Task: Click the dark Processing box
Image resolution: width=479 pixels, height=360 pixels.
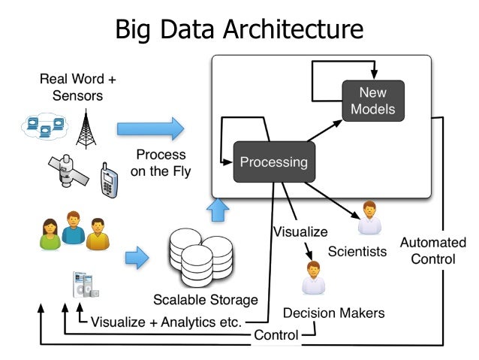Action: click(274, 162)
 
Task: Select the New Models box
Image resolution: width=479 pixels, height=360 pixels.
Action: click(373, 101)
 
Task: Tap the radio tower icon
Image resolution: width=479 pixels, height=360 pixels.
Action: click(86, 129)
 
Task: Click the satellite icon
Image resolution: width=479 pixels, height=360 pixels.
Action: click(68, 171)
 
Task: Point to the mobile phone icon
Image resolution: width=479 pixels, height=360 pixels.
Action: click(109, 180)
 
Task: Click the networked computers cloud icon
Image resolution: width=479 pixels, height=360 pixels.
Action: click(44, 126)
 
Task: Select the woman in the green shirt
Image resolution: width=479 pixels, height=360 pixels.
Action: click(50, 234)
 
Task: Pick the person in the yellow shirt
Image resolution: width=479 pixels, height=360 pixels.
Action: click(98, 234)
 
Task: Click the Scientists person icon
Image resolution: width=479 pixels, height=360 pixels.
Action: click(369, 217)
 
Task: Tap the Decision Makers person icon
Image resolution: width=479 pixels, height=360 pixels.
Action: click(313, 278)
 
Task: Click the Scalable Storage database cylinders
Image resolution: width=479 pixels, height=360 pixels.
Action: click(201, 258)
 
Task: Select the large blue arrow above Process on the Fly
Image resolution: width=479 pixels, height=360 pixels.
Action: click(150, 129)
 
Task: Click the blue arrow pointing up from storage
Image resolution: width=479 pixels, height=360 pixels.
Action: click(218, 210)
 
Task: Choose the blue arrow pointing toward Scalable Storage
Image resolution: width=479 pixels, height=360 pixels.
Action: click(137, 258)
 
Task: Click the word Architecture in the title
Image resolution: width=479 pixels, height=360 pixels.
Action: click(294, 29)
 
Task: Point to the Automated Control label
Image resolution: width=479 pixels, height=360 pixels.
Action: click(433, 250)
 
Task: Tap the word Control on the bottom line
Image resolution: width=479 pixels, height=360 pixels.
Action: click(276, 335)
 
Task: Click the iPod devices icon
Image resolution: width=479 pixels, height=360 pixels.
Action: click(86, 285)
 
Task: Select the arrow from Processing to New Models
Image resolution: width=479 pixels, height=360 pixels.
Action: click(325, 131)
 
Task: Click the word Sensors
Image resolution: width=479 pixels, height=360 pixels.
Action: click(77, 95)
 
